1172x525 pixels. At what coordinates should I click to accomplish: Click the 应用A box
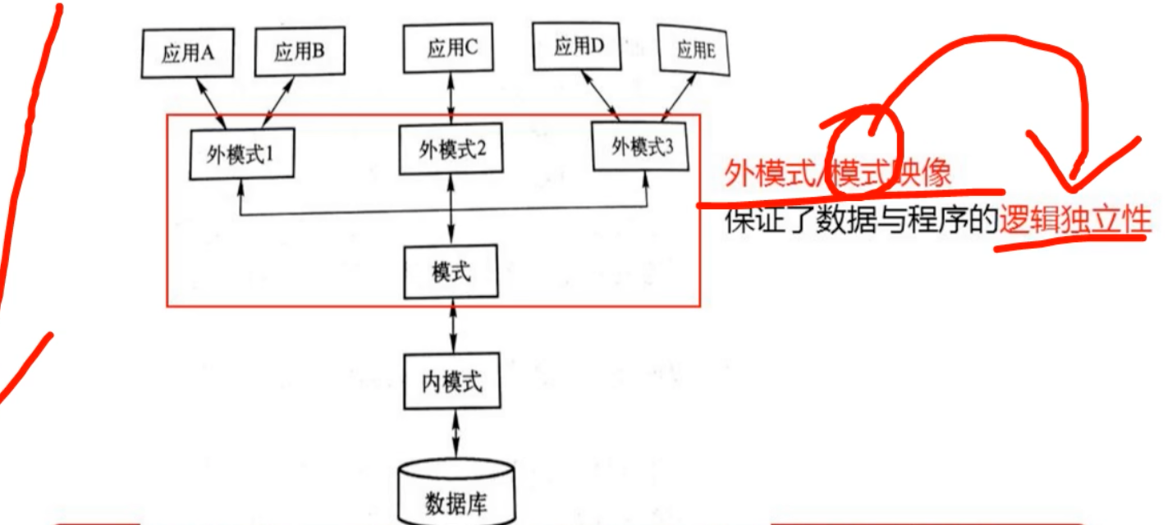click(x=188, y=54)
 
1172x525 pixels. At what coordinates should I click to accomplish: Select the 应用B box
click(x=299, y=53)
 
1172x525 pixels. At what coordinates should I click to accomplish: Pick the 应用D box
click(x=579, y=48)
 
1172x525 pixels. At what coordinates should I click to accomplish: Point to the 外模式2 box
click(x=451, y=149)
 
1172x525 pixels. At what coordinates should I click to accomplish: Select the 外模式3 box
click(x=642, y=147)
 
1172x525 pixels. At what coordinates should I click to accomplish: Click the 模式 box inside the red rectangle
click(x=451, y=272)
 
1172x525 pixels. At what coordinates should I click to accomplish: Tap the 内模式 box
click(x=451, y=381)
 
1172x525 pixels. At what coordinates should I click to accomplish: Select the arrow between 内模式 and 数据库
click(x=452, y=435)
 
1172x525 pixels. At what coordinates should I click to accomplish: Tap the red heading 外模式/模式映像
click(x=837, y=174)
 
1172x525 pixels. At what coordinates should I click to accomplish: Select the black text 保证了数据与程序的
click(x=860, y=222)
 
